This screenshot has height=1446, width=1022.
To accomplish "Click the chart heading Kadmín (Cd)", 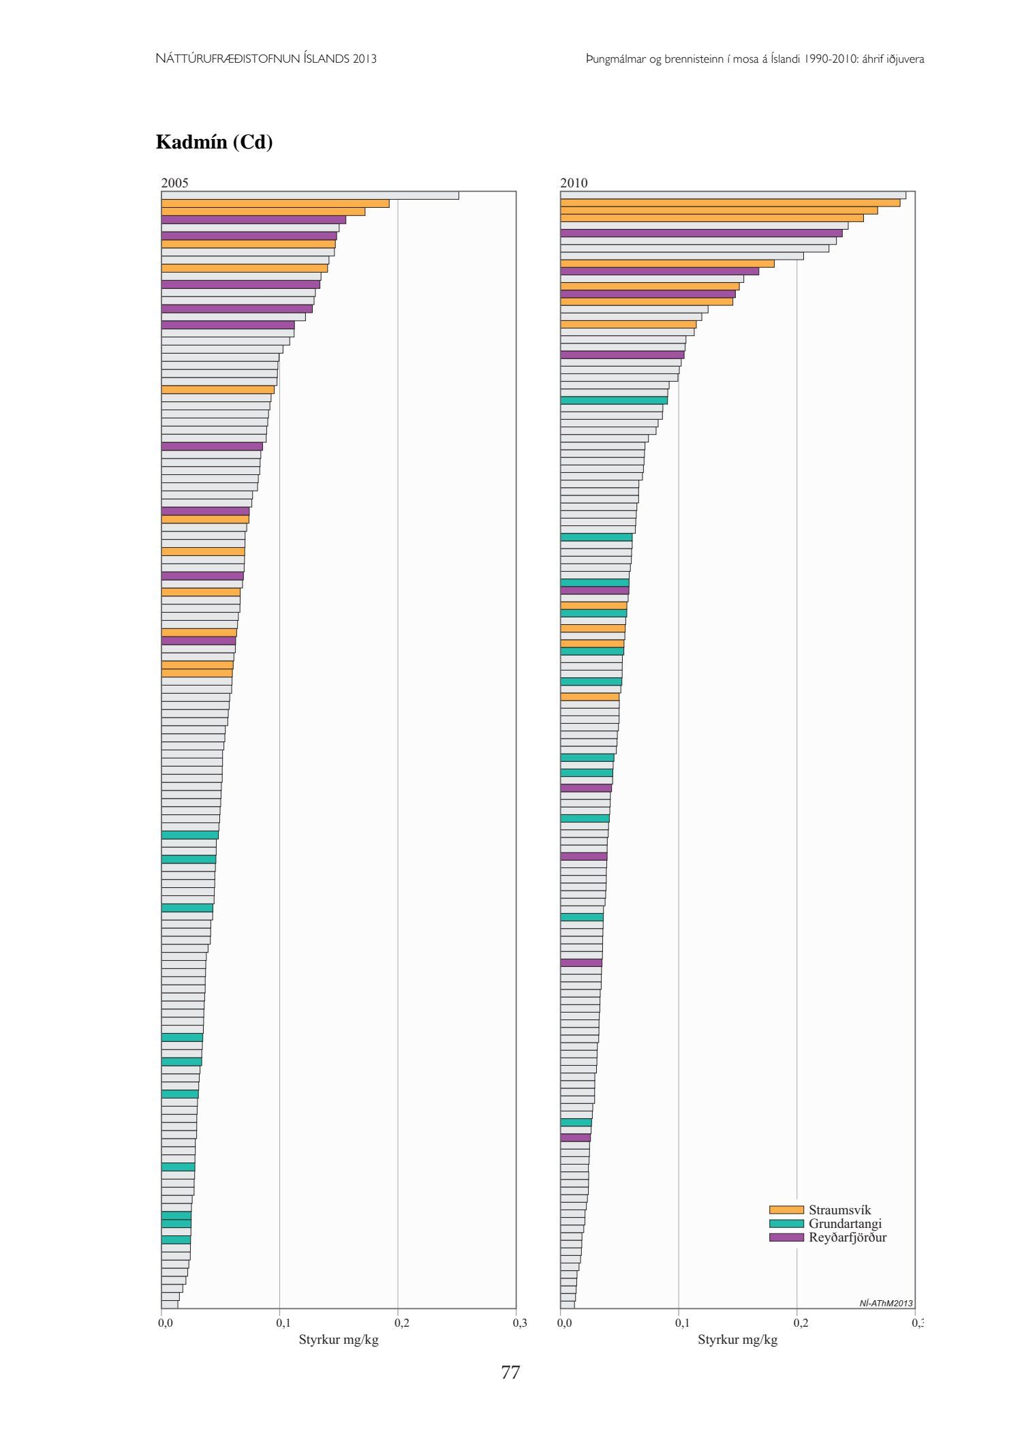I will tap(214, 142).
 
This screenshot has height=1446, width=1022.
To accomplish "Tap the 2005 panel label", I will tap(174, 183).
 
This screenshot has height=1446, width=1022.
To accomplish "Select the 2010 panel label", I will tap(574, 183).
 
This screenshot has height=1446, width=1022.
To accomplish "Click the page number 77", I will tap(510, 1372).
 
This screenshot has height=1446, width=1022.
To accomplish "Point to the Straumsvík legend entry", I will tap(839, 1210).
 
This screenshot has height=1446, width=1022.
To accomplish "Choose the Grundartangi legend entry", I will tap(845, 1223).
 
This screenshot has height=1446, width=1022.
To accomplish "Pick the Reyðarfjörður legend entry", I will tap(848, 1237).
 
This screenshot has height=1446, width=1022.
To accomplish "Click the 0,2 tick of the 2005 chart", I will tap(402, 1323).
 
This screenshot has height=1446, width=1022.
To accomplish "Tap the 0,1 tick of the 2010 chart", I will tap(682, 1323).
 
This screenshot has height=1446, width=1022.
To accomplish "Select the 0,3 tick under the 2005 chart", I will tap(520, 1323).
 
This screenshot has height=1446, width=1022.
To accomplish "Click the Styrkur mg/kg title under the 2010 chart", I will tap(737, 1340).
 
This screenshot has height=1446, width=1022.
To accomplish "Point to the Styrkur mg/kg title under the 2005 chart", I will tap(339, 1340).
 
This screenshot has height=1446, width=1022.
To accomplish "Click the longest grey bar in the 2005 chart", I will tap(310, 196).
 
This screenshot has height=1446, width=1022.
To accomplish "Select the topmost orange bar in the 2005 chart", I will tap(275, 203).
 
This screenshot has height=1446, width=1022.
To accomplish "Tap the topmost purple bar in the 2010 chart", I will tap(701, 233).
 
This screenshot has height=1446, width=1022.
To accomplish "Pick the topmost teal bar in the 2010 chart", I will tap(614, 401).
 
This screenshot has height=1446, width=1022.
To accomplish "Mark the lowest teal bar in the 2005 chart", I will tap(176, 1240).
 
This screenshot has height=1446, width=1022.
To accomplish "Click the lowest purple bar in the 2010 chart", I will tap(576, 1137).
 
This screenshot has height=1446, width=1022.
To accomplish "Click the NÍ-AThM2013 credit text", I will tap(886, 1303).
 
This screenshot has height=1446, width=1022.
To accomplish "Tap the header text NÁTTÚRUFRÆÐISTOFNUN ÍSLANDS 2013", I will tap(266, 59).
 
